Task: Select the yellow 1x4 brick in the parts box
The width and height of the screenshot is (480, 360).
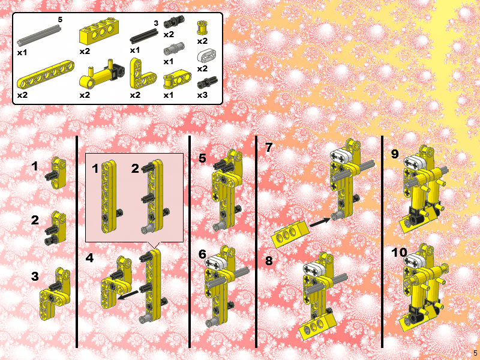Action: (x=99, y=32)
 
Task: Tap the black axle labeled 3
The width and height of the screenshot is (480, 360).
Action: (x=144, y=36)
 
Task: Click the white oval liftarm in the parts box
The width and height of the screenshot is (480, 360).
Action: (x=206, y=56)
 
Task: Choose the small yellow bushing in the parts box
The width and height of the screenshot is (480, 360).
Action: (x=202, y=28)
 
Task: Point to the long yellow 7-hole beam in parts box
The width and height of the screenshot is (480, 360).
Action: (x=46, y=74)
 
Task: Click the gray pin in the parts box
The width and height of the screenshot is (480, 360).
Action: (x=174, y=49)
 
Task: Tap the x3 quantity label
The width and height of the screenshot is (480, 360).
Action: (x=202, y=95)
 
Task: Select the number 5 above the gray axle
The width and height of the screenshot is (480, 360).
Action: (x=60, y=20)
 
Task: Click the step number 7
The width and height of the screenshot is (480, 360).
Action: (x=269, y=148)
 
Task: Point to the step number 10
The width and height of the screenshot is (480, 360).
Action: (x=399, y=253)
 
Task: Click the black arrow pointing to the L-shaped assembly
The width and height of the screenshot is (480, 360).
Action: (x=128, y=295)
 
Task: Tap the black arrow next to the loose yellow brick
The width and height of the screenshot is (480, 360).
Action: (x=320, y=223)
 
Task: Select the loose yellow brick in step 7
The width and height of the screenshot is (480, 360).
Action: (x=290, y=234)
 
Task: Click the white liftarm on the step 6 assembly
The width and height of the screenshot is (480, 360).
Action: (x=216, y=263)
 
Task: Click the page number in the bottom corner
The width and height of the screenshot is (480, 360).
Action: (x=475, y=353)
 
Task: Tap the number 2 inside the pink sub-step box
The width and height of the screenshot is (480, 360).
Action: (x=135, y=169)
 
